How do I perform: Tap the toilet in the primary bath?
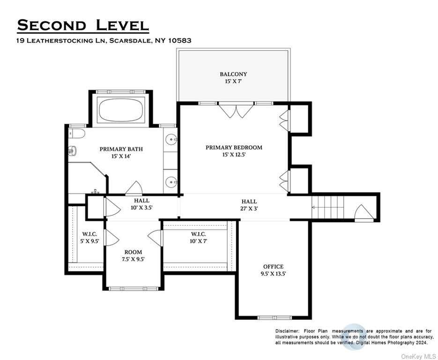click(x=76, y=134)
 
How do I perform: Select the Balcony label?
click(x=233, y=78)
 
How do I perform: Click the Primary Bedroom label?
click(x=234, y=150)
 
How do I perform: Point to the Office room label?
click(x=273, y=270)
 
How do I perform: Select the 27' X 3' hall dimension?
click(x=249, y=208)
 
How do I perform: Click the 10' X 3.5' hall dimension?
click(x=141, y=208)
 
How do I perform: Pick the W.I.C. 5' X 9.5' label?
click(x=89, y=238)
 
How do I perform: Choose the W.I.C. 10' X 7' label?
click(x=198, y=237)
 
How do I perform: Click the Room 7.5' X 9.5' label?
click(x=133, y=255)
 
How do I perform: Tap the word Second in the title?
click(x=52, y=25)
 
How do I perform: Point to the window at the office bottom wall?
click(x=275, y=318)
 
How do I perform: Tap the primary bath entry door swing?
click(x=134, y=188)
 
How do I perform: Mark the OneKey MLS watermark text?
click(x=419, y=356)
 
